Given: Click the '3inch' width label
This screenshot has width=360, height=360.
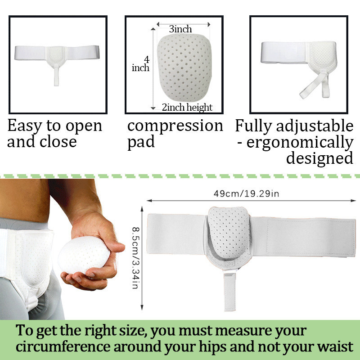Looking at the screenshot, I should point(180,29).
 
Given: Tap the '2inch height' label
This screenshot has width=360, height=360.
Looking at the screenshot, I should point(187,107).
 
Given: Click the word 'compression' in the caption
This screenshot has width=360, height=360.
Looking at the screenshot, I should point(175,126).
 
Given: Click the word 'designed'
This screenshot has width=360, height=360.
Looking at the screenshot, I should point(319,158).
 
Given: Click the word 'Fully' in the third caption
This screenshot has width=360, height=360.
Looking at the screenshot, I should point(255,126).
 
